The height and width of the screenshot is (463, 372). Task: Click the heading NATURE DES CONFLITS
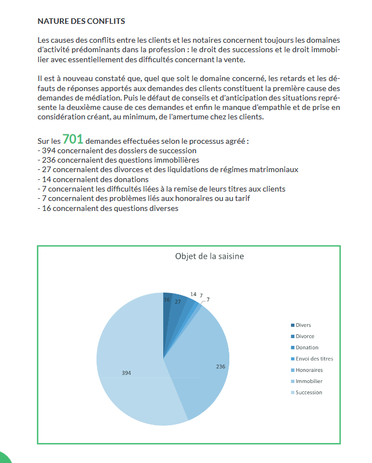coord(81,22)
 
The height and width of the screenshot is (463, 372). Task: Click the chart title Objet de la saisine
coord(209,256)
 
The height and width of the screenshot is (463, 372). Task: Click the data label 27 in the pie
coord(178,301)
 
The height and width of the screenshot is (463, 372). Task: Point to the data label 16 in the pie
coord(167,300)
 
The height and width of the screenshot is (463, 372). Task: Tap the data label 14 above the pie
coord(193,294)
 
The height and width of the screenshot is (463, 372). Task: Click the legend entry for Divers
coord(303,325)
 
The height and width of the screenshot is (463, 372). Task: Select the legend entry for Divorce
coord(305,336)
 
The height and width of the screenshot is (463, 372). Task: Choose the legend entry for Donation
coord(306,348)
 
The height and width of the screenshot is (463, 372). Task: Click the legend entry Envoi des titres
coord(314,359)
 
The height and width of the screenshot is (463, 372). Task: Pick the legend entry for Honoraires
coord(309,370)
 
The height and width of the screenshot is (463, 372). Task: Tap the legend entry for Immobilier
coord(309,381)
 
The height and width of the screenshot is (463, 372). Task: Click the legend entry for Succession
coord(309,392)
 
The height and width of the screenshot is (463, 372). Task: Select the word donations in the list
coord(132,179)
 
